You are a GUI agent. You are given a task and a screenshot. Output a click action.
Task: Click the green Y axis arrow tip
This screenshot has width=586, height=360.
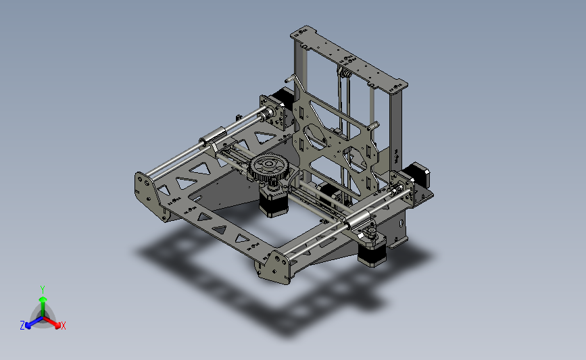coord(43,299)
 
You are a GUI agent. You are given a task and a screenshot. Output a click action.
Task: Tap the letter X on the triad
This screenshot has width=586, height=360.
coord(63,326)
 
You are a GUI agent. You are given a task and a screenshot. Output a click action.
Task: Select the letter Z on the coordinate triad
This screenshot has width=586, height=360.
coord(22,326)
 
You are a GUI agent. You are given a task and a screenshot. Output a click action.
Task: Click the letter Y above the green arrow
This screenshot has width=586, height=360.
coord(43,290)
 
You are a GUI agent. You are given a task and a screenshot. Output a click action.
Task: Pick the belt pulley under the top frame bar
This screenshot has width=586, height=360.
coord(345,73)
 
